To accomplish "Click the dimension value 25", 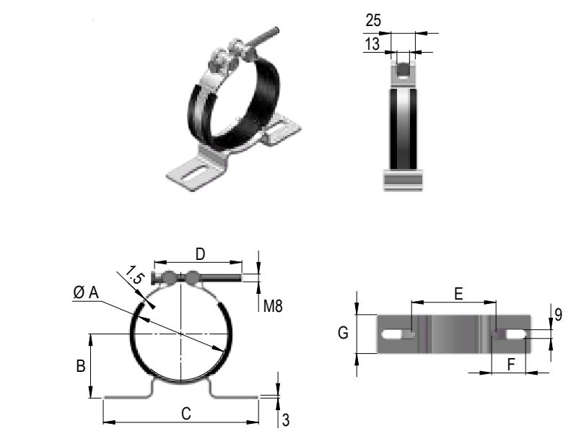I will (x=374, y=19).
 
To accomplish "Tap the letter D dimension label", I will (x=201, y=253).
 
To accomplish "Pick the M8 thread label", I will (x=272, y=305).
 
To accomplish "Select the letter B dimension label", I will (x=82, y=366).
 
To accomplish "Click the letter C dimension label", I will (x=186, y=414).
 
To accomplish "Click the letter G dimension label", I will (x=344, y=333).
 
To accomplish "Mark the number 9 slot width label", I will (x=558, y=315).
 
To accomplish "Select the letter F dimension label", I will (x=511, y=365).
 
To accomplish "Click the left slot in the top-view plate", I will (x=397, y=334).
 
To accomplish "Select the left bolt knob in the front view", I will (x=169, y=277).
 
